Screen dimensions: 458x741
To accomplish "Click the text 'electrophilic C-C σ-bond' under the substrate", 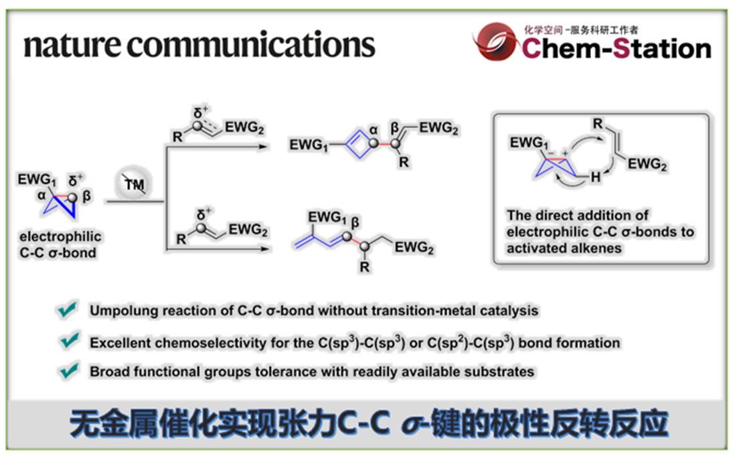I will [x=60, y=244].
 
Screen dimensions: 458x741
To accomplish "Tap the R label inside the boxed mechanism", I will [x=598, y=124].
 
